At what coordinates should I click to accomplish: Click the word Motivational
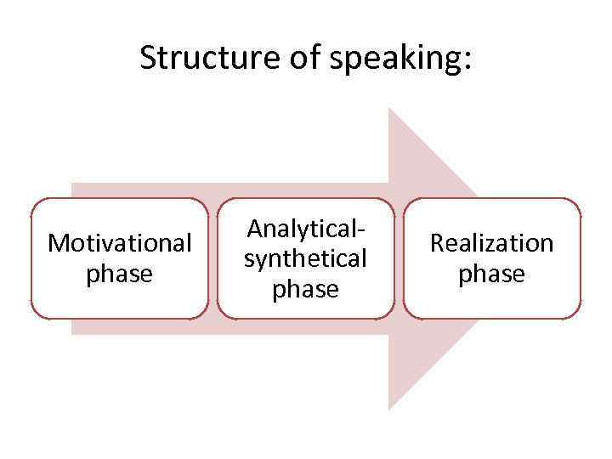pyautogui.click(x=119, y=243)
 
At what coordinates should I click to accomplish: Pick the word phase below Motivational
pyautogui.click(x=119, y=275)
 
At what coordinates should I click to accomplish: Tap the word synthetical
pyautogui.click(x=305, y=258)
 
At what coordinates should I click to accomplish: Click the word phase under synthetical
pyautogui.click(x=305, y=290)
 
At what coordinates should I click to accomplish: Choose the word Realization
pyautogui.click(x=492, y=243)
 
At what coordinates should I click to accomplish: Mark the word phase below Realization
pyautogui.click(x=492, y=275)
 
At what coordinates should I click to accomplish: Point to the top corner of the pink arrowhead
pyautogui.click(x=389, y=109)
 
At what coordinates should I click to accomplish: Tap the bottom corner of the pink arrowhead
pyautogui.click(x=389, y=409)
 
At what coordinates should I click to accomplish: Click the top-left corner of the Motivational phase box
pyautogui.click(x=33, y=201)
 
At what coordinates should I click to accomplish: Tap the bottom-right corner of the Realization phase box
pyautogui.click(x=579, y=317)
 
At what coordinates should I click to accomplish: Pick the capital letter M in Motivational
pyautogui.click(x=59, y=243)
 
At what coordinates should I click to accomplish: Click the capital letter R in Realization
pyautogui.click(x=438, y=243)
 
